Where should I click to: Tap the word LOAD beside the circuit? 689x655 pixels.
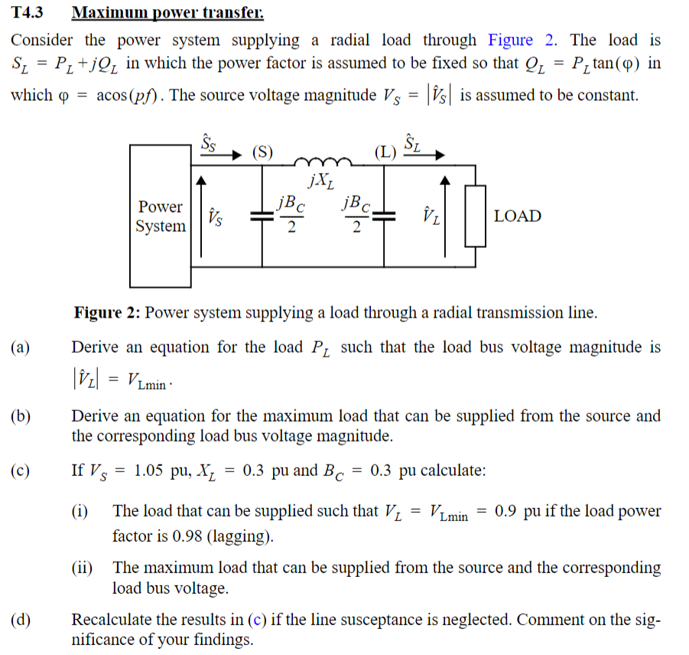pyautogui.click(x=517, y=217)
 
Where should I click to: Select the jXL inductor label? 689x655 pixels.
pyautogui.click(x=320, y=181)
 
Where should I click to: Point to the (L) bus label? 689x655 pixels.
pyautogui.click(x=385, y=151)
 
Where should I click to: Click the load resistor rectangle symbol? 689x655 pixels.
pyautogui.click(x=476, y=217)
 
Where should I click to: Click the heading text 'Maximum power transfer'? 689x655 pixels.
pyautogui.click(x=167, y=13)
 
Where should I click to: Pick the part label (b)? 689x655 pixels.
pyautogui.click(x=21, y=417)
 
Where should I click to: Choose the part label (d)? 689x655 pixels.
pyautogui.click(x=21, y=620)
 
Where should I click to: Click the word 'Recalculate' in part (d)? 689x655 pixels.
pyautogui.click(x=116, y=620)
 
